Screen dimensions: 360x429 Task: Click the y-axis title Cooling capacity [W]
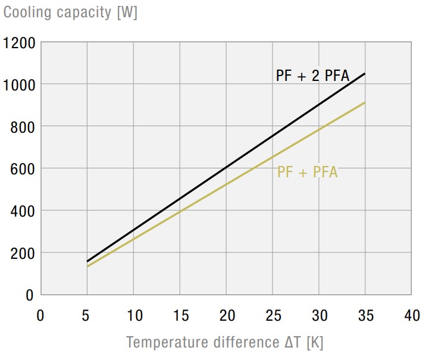[71, 12]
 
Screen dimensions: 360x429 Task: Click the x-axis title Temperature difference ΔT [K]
[224, 343]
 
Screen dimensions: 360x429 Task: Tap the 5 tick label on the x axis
[87, 315]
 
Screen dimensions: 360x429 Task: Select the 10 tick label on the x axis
[133, 315]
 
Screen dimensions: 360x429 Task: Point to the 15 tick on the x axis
[180, 315]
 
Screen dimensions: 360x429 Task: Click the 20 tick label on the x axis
[226, 315]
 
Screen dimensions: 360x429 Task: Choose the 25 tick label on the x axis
[273, 315]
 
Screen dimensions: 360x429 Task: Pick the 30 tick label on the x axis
[319, 315]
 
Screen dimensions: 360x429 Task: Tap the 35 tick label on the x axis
[365, 315]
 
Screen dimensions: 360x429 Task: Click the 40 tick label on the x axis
[412, 315]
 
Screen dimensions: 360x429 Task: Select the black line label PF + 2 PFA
[312, 76]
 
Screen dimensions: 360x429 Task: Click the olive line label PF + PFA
[307, 173]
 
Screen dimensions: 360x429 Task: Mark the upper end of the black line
[365, 73]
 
